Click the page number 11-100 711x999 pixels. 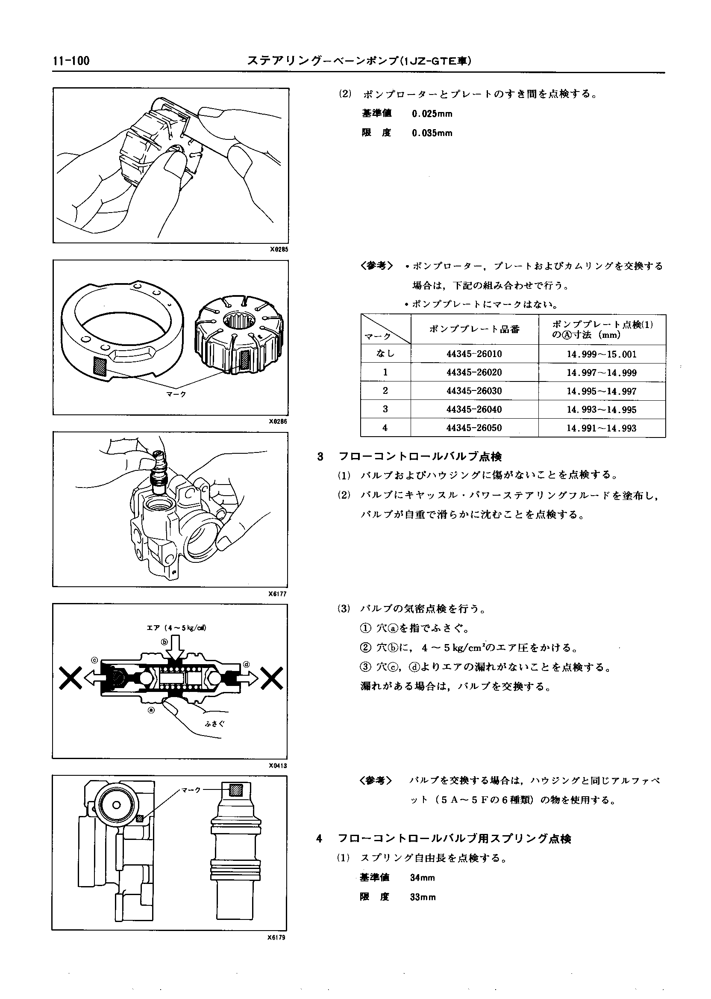click(71, 61)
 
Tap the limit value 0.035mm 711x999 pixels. click(432, 133)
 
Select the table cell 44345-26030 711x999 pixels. click(474, 391)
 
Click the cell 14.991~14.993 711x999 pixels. click(602, 428)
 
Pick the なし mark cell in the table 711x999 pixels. click(385, 354)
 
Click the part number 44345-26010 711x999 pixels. click(474, 354)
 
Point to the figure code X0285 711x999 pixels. click(279, 249)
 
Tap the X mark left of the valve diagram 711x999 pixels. click(71, 678)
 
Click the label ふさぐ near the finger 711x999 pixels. click(215, 724)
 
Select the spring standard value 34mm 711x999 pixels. click(423, 878)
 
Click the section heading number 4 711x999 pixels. click(319, 839)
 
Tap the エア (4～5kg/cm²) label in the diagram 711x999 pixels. click(176, 628)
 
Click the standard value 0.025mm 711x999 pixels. click(432, 114)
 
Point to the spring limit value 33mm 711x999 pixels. click(423, 897)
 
